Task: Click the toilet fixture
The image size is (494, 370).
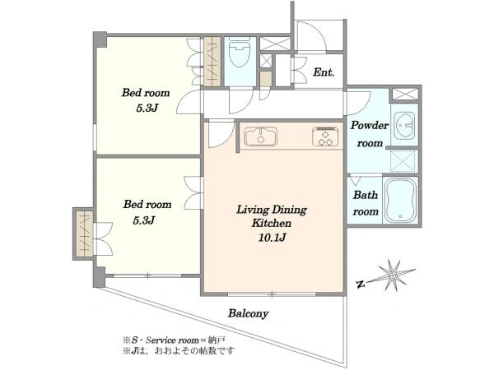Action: click(x=240, y=52)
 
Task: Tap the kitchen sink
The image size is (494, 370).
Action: click(x=260, y=136)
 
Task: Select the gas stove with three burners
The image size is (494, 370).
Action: click(x=326, y=136)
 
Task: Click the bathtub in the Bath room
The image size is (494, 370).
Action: click(x=400, y=201)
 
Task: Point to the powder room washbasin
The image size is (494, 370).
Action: click(x=404, y=125)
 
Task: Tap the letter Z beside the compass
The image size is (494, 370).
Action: click(x=361, y=284)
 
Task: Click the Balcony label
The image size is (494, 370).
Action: click(x=249, y=313)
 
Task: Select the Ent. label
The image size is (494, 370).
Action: click(x=324, y=72)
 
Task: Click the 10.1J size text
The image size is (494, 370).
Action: click(x=272, y=238)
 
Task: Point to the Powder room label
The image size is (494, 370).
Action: click(x=370, y=134)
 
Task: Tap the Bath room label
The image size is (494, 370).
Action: click(x=366, y=203)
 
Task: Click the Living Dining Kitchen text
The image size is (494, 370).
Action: click(x=272, y=216)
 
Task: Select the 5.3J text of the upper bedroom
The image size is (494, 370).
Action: click(x=147, y=109)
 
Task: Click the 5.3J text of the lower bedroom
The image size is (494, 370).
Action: click(x=143, y=220)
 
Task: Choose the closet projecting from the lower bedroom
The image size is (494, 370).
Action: click(x=85, y=234)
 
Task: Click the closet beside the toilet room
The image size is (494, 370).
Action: click(x=212, y=62)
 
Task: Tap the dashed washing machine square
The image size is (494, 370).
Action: click(x=403, y=161)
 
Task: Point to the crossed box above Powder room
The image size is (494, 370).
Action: click(x=405, y=94)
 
